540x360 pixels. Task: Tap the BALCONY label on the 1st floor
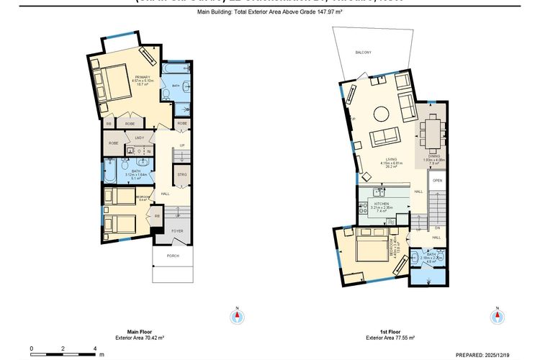pyautogui.click(x=362, y=53)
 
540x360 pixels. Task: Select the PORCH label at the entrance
pyautogui.click(x=173, y=256)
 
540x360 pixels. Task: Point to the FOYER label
pyautogui.click(x=177, y=231)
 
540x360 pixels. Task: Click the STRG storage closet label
pyautogui.click(x=181, y=174)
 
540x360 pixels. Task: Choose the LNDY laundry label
pyautogui.click(x=140, y=138)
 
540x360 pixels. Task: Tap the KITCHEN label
pyautogui.click(x=382, y=204)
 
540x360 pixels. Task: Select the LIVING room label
pyautogui.click(x=392, y=160)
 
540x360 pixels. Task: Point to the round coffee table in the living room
pyautogui.click(x=381, y=113)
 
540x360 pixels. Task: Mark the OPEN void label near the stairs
pyautogui.click(x=437, y=180)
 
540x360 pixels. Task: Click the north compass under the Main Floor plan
pyautogui.click(x=235, y=316)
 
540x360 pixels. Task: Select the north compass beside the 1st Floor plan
pyautogui.click(x=496, y=316)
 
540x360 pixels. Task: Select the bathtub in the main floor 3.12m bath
pyautogui.click(x=111, y=174)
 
